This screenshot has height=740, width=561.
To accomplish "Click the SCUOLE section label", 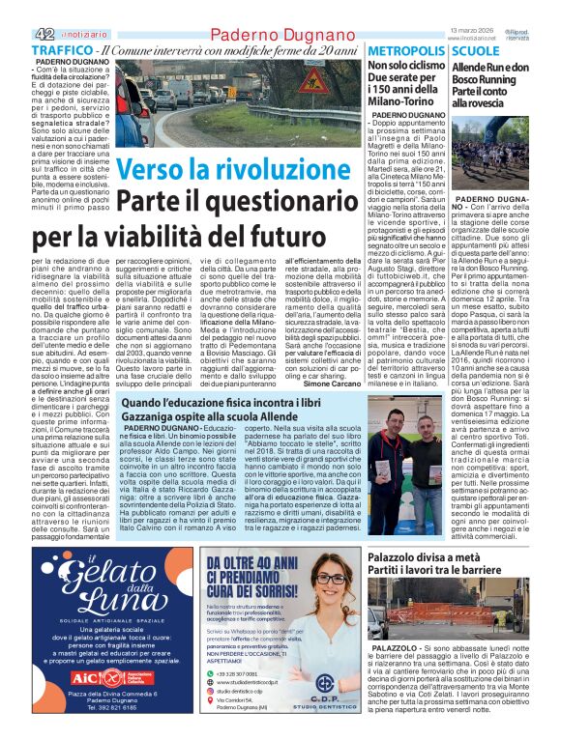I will (x=477, y=50).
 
